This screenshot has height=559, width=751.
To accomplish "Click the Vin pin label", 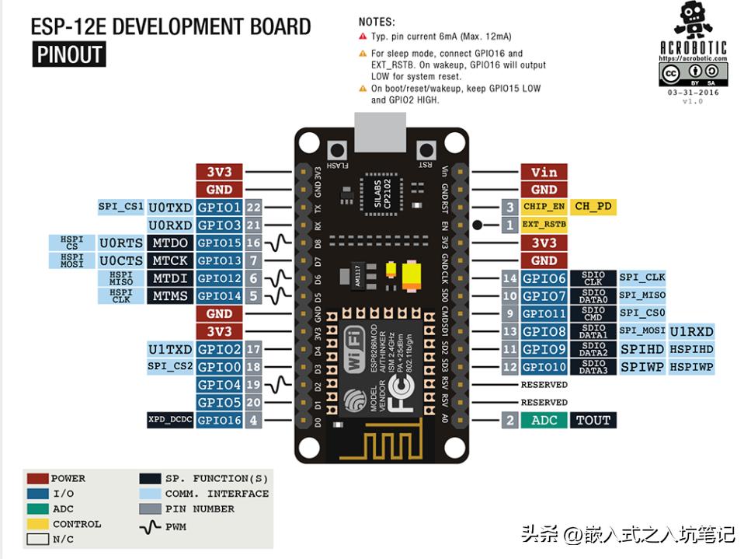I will coord(544,172).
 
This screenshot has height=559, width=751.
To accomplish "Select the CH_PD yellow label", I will coord(593,207).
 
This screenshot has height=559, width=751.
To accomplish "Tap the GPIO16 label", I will coord(219,420).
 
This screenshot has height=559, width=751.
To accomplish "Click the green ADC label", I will coord(544,420).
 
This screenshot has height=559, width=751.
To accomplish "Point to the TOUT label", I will coord(593,420).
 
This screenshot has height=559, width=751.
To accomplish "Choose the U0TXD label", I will coord(170,208).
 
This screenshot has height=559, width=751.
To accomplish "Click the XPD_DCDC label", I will coord(170,420).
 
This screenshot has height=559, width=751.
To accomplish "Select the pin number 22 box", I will coord(253,208).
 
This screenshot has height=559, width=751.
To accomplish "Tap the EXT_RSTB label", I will coord(544,225).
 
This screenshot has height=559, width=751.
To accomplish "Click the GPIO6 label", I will coord(544,278).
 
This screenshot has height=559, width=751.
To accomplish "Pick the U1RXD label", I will coord(691,331).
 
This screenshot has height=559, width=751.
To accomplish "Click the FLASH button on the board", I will coord(337,150).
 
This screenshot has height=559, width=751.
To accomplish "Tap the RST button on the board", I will coord(425,150).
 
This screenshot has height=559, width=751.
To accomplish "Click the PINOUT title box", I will coord(69,54).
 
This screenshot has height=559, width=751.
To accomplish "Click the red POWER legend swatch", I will coord(37,479).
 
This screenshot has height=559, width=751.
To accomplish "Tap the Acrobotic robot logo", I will coord(692,23).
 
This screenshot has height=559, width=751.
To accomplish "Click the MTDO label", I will coord(170,243).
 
